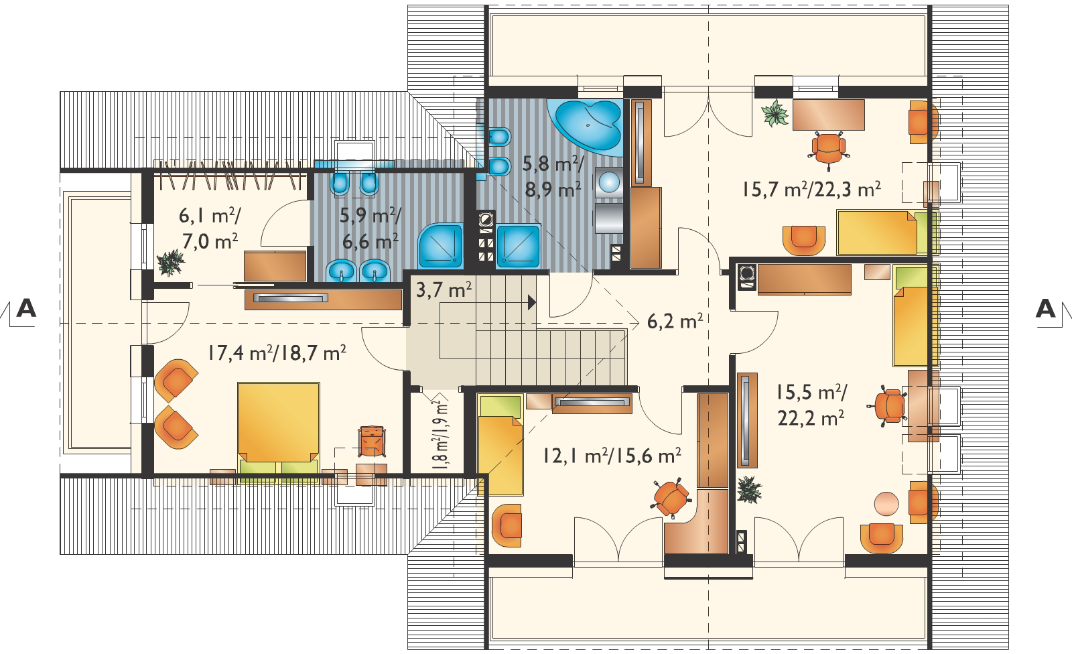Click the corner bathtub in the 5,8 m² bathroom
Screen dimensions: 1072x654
(x=588, y=126)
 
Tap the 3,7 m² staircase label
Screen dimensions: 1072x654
(x=444, y=290)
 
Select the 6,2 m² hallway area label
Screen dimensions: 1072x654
(x=675, y=321)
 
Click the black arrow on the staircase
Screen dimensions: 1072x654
(x=532, y=302)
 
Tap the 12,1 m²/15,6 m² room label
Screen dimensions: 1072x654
(x=612, y=455)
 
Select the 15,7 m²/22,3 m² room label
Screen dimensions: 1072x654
(x=811, y=190)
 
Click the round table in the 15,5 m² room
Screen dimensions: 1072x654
(x=886, y=504)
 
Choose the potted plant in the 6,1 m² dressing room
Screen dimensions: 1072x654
(x=170, y=263)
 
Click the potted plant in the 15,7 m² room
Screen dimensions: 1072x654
(x=775, y=113)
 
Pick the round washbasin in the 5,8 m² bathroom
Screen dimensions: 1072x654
(x=609, y=182)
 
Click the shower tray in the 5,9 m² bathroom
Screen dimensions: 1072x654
(x=441, y=246)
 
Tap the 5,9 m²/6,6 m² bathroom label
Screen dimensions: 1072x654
(x=370, y=228)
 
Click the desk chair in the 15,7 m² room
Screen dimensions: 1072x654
(x=828, y=150)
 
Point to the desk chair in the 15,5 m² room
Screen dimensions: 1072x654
(x=888, y=407)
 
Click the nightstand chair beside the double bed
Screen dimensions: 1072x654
(x=372, y=442)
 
